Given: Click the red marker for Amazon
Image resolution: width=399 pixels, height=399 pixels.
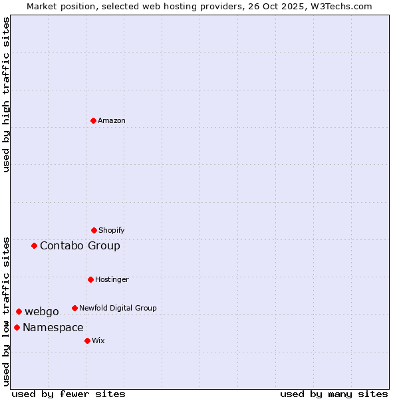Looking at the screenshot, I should tap(93, 120).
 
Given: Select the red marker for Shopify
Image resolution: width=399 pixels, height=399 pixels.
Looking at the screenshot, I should tap(94, 230).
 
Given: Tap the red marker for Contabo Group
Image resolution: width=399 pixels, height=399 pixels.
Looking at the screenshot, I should tap(34, 245).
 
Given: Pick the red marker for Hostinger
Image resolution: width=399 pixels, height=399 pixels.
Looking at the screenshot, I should tap(90, 279).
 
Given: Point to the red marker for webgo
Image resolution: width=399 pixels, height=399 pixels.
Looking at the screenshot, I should tap(19, 311).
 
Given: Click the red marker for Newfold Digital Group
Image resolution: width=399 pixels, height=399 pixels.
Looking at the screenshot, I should tap(74, 308).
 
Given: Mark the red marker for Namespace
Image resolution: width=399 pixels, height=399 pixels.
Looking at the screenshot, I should tap(17, 327).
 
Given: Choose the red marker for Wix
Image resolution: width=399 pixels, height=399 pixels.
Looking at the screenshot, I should tap(87, 340).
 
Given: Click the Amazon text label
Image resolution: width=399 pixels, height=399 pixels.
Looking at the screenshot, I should tap(112, 120).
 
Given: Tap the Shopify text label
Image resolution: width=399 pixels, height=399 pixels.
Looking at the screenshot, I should tap(112, 230).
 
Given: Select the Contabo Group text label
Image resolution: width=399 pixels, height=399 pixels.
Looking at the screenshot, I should tap(80, 245).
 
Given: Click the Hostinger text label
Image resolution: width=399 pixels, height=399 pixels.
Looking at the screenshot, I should tap(112, 279).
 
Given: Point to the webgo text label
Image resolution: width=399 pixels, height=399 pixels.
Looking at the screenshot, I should tap(42, 311).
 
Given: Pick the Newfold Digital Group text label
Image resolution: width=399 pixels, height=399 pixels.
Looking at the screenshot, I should tap(118, 308).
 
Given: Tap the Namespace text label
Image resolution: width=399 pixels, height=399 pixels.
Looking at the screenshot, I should tap(53, 327).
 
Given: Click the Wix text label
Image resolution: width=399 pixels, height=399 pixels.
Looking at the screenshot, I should tap(98, 340).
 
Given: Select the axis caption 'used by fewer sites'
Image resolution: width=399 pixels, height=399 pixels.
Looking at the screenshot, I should tap(68, 394).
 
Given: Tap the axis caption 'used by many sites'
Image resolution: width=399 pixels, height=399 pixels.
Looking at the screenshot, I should tap(334, 394).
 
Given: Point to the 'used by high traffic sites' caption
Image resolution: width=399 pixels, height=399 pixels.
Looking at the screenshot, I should tap(6, 94).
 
